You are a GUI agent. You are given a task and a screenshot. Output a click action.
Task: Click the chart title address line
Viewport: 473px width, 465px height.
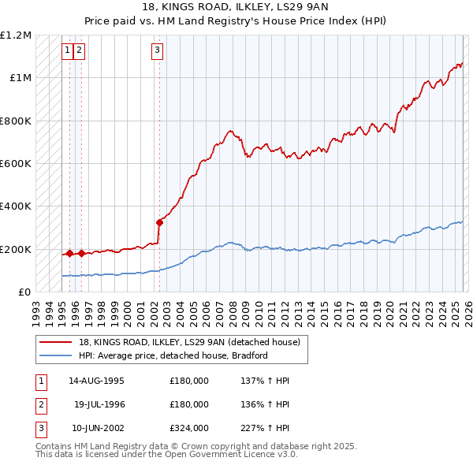236,7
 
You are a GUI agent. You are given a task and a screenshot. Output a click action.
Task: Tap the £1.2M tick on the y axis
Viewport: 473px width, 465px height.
17,35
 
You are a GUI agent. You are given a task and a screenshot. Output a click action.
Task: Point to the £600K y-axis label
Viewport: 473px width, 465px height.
17,164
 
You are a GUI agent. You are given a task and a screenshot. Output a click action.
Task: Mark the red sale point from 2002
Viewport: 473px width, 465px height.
159,222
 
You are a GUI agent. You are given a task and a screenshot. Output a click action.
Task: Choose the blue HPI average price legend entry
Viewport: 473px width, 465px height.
173,355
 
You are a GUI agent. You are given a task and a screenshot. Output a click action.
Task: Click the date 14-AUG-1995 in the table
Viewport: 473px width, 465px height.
96,381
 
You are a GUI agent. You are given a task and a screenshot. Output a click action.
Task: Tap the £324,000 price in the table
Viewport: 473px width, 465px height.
189,428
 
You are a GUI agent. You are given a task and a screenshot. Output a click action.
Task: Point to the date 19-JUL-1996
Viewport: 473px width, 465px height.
99,404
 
